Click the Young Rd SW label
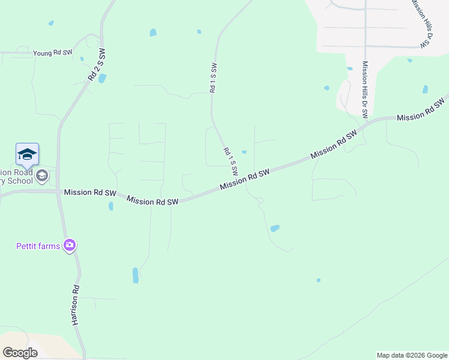53,53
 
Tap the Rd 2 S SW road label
96,65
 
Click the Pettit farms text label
37,245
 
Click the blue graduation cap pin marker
27,155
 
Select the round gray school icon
42,175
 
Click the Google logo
20,352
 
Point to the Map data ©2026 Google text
412,355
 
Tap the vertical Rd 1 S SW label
212,76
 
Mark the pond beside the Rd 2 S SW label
102,79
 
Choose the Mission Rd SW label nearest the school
89,193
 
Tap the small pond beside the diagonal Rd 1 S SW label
244,152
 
